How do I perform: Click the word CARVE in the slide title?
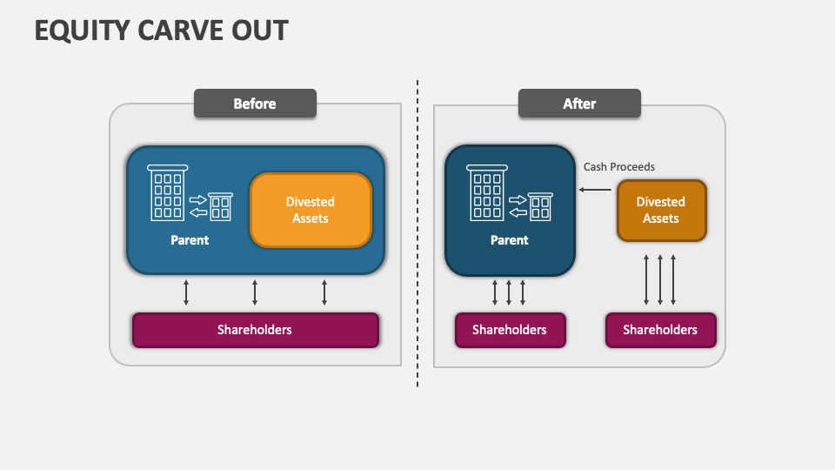pyautogui.click(x=173, y=30)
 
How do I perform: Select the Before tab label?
pyautogui.click(x=255, y=104)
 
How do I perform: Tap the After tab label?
pyautogui.click(x=579, y=104)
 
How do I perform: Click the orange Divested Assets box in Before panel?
pyautogui.click(x=311, y=210)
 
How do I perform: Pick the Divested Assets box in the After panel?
pyautogui.click(x=661, y=210)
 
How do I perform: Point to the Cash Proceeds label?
pyautogui.click(x=618, y=166)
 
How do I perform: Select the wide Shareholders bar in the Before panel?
pyautogui.click(x=255, y=330)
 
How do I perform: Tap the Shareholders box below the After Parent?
pyautogui.click(x=510, y=330)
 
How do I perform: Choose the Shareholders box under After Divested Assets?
pyautogui.click(x=660, y=330)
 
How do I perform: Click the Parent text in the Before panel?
pyautogui.click(x=190, y=240)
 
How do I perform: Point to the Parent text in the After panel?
pyautogui.click(x=510, y=240)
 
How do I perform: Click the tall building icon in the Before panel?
pyautogui.click(x=167, y=192)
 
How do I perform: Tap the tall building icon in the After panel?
pyautogui.click(x=487, y=192)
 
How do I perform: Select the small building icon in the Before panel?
pyautogui.click(x=220, y=206)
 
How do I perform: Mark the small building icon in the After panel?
pyautogui.click(x=540, y=206)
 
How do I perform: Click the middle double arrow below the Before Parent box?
pyautogui.click(x=255, y=292)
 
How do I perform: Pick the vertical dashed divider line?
pyautogui.click(x=417, y=235)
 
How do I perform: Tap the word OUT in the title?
pyautogui.click(x=258, y=30)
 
